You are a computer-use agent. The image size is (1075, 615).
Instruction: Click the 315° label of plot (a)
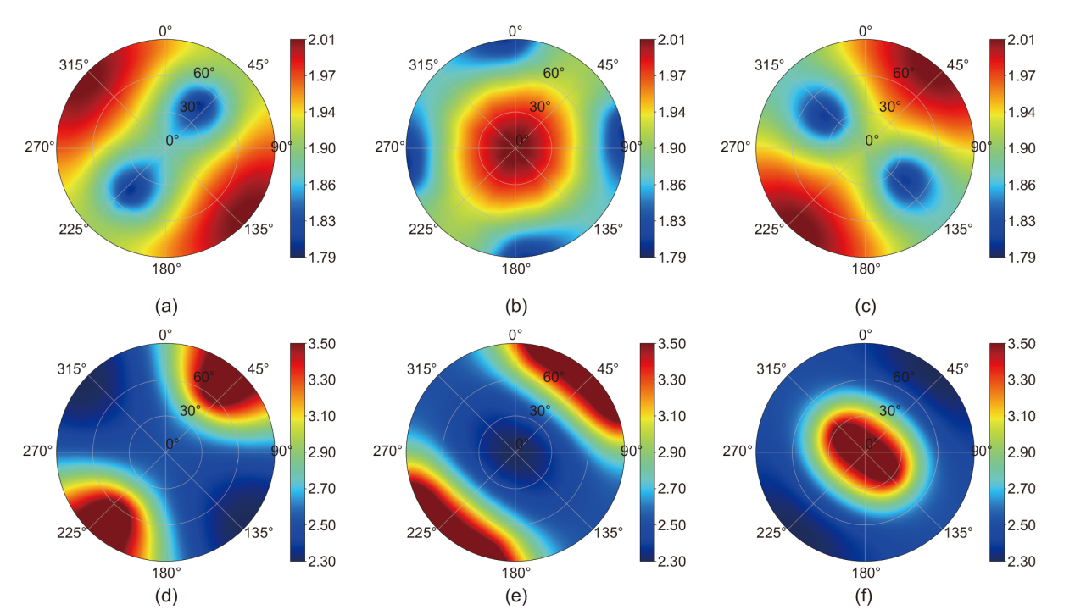(x=74, y=65)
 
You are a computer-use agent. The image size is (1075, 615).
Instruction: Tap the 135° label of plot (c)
(x=958, y=228)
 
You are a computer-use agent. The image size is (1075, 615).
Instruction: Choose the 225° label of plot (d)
(x=72, y=532)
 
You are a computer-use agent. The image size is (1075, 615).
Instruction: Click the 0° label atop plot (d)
(x=165, y=335)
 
